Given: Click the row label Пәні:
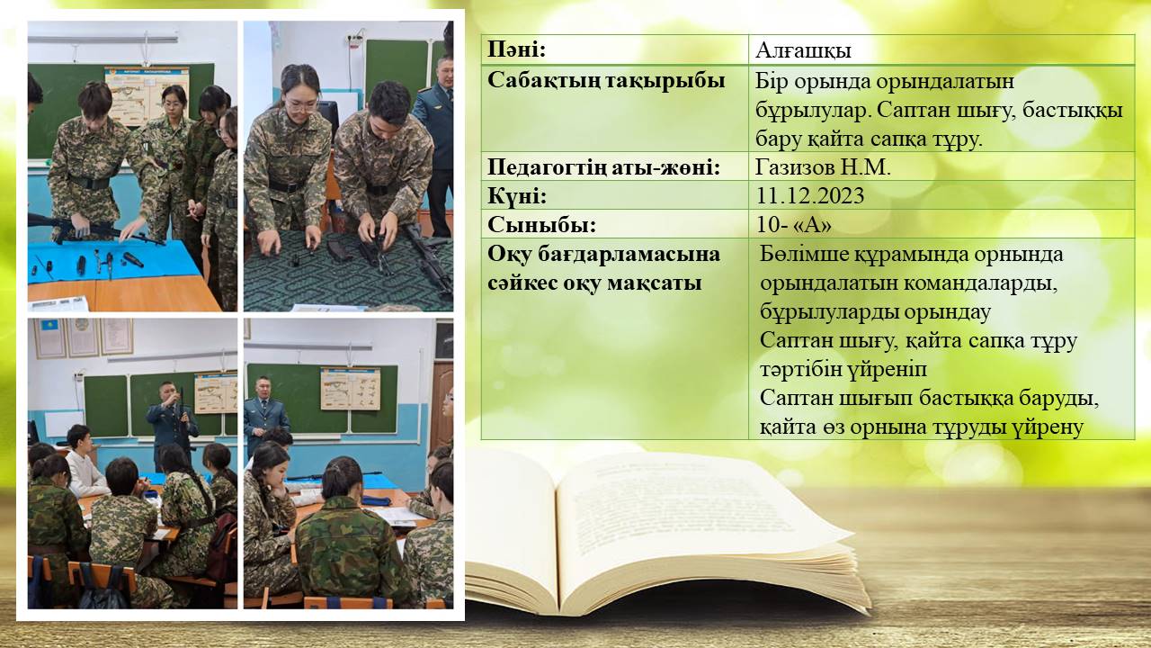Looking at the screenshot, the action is pyautogui.click(x=516, y=49).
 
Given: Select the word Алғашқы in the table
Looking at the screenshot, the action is pyautogui.click(x=803, y=50).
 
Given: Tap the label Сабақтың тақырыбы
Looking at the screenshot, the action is pyautogui.click(x=606, y=81).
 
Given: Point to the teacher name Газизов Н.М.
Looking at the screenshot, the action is pyautogui.click(x=823, y=167).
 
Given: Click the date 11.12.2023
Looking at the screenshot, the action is pyautogui.click(x=810, y=196).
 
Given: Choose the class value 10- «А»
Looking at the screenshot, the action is pyautogui.click(x=793, y=225).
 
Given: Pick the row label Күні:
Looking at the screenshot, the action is pyautogui.click(x=516, y=196).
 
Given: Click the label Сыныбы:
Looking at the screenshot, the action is pyautogui.click(x=541, y=225).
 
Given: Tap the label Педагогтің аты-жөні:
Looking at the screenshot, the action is pyautogui.click(x=603, y=167).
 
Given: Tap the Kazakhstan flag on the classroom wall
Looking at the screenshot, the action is pyautogui.click(x=49, y=326).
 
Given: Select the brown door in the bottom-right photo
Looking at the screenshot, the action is pyautogui.click(x=441, y=406).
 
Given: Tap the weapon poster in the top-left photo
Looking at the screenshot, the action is pyautogui.click(x=147, y=95).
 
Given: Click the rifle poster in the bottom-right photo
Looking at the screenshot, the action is pyautogui.click(x=351, y=388).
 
